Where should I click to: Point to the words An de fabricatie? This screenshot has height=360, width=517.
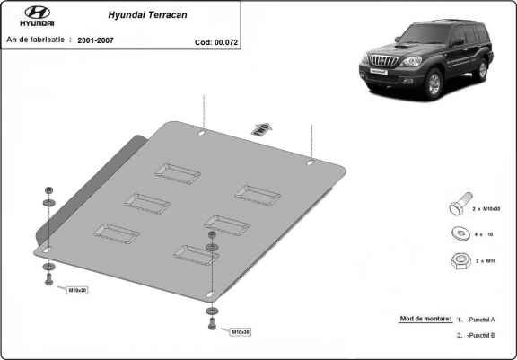click(37, 40)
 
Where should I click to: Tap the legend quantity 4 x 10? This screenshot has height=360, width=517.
click(483, 234)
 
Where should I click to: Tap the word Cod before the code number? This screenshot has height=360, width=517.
click(202, 41)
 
